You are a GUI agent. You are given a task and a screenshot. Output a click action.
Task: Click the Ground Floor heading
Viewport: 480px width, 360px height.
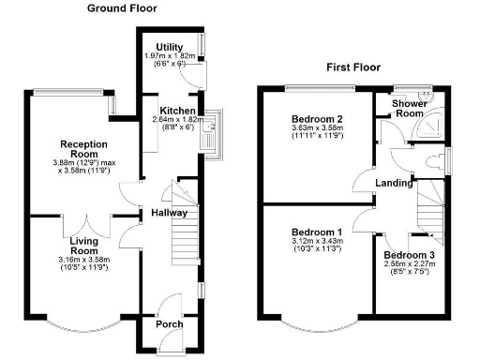122,8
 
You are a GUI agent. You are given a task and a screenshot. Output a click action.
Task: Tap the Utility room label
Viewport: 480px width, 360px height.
170,46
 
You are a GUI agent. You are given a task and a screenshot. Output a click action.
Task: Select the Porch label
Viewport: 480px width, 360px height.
169,325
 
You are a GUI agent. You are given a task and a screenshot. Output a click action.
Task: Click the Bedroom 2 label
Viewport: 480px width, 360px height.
319,119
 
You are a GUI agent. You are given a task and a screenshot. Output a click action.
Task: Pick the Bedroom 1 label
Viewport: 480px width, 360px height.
316,232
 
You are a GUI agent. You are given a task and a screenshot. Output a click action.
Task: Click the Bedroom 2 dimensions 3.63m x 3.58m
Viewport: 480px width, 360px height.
319,129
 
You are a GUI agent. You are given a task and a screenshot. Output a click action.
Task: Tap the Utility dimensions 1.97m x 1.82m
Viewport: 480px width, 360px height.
170,56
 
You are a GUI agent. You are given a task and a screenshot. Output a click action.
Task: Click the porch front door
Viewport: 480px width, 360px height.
170,305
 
